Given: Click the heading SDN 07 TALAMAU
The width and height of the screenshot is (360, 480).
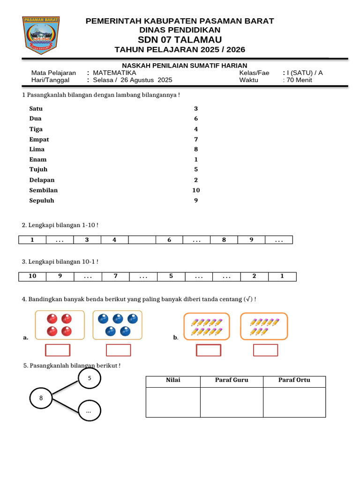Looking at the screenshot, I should pyautogui.click(x=180, y=39).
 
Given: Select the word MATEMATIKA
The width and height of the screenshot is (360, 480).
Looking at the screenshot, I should pyautogui.click(x=114, y=73).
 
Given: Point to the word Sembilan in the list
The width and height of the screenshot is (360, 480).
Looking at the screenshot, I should pyautogui.click(x=44, y=190).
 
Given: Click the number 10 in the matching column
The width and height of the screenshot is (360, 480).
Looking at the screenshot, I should pyautogui.click(x=196, y=190).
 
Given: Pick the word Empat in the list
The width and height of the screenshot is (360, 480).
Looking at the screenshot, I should pyautogui.click(x=39, y=140).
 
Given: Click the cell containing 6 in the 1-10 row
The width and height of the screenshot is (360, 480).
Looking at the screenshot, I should pyautogui.click(x=169, y=240).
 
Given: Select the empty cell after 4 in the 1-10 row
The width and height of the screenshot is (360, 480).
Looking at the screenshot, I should pyautogui.click(x=142, y=240).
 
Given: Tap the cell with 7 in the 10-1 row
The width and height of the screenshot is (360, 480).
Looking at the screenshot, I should pyautogui.click(x=115, y=276).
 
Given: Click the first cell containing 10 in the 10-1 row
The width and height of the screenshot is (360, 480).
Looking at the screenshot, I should pyautogui.click(x=32, y=276).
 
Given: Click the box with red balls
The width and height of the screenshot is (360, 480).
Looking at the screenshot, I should pyautogui.click(x=60, y=325).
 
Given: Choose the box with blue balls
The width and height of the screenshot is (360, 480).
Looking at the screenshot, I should pyautogui.click(x=118, y=325).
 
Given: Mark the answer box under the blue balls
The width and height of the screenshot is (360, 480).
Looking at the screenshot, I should pyautogui.click(x=119, y=350).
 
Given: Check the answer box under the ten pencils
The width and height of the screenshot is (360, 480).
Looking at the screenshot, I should pyautogui.click(x=208, y=350).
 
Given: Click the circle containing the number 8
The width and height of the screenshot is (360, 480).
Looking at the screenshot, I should pyautogui.click(x=41, y=398).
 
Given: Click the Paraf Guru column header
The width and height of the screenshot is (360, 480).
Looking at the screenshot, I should pyautogui.click(x=232, y=380).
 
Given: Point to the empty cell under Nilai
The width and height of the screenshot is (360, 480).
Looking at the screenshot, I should pyautogui.click(x=173, y=402).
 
